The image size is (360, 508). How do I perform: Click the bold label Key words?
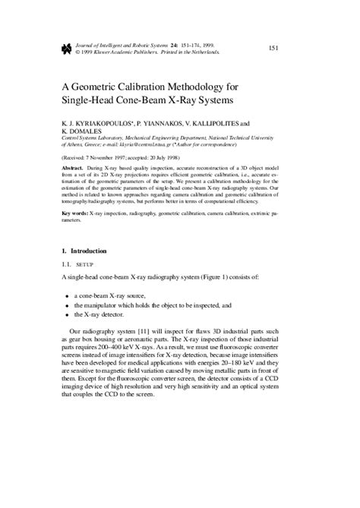pos(77,214)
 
